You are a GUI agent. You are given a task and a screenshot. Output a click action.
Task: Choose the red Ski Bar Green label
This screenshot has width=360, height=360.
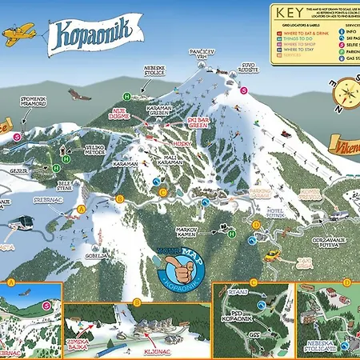(201, 122)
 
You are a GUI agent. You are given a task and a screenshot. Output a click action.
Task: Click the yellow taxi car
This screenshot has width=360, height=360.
(274, 255)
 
